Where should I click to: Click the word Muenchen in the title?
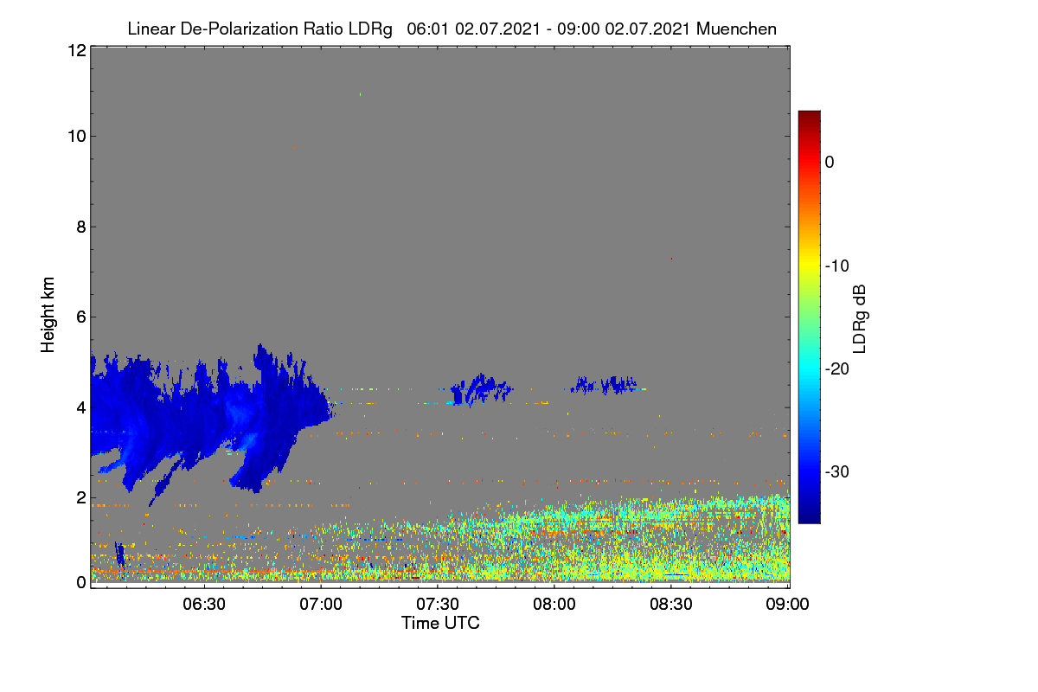[x=736, y=29]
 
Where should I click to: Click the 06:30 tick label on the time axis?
[x=204, y=605]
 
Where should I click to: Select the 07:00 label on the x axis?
[x=321, y=605]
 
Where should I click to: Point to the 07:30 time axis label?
[x=438, y=605]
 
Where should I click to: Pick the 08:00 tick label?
[x=554, y=605]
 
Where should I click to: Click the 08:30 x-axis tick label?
[x=671, y=605]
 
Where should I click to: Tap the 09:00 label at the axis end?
[x=787, y=605]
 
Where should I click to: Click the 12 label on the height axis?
[x=77, y=50]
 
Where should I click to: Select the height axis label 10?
[x=77, y=137]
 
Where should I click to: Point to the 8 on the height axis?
[x=81, y=227]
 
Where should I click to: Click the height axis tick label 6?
[x=81, y=317]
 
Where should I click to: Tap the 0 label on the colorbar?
[x=830, y=163]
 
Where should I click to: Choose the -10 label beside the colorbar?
[x=837, y=266]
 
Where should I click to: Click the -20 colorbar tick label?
[x=837, y=369]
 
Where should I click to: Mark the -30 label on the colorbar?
[x=837, y=472]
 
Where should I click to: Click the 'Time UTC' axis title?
[x=440, y=624]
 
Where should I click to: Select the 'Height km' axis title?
[x=48, y=315]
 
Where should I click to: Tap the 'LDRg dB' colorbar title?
[x=860, y=319]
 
